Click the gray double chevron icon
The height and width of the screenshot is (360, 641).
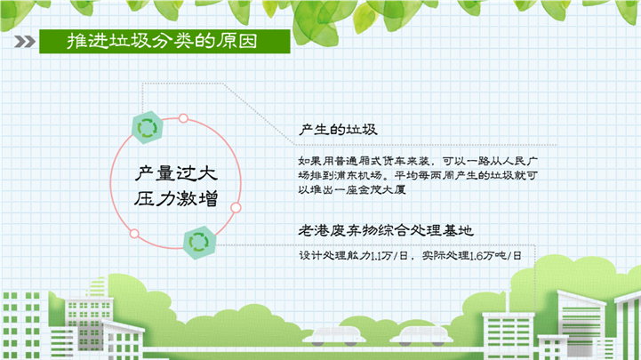point(25,41)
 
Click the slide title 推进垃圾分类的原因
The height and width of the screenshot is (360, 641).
point(163,41)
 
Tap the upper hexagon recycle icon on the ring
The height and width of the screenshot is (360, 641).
point(148,127)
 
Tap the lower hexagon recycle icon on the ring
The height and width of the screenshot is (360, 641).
point(199,243)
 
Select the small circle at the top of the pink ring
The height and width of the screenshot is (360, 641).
point(183,118)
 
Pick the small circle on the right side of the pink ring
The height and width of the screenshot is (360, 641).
point(236,208)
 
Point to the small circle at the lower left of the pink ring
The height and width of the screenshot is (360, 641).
point(134,234)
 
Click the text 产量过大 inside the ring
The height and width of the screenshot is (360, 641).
point(176,173)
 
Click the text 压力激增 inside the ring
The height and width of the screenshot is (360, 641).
point(176,199)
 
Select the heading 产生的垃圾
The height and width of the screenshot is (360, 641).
point(338,130)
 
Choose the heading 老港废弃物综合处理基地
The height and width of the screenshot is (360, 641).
point(386,230)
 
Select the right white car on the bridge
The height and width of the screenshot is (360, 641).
point(421,335)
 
